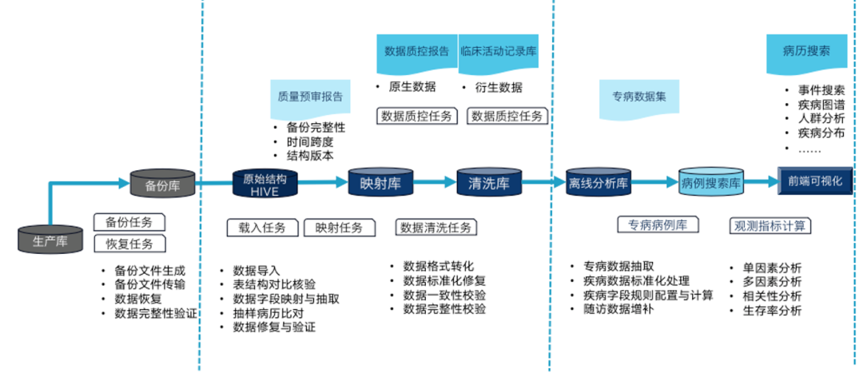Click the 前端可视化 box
click(x=815, y=181)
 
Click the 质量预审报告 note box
click(x=310, y=97)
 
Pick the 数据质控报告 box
click(x=416, y=51)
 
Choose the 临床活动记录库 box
click(x=499, y=51)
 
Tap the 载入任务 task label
click(x=261, y=228)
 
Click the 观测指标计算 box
click(x=770, y=226)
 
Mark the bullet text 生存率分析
click(x=771, y=312)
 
